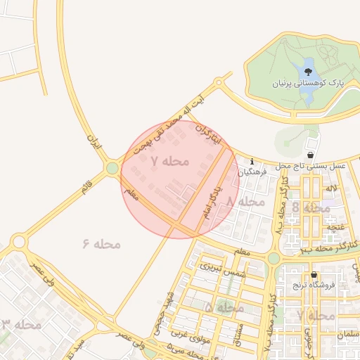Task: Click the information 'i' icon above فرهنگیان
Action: [x=252, y=161]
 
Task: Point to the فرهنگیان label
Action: [x=252, y=171]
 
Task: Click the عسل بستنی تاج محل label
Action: [x=311, y=165]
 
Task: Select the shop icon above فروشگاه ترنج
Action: [x=314, y=275]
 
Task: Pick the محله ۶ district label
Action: [x=102, y=244]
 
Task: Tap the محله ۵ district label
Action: [x=224, y=308]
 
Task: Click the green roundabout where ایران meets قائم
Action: [x=112, y=168]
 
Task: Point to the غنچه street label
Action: [x=334, y=227]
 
